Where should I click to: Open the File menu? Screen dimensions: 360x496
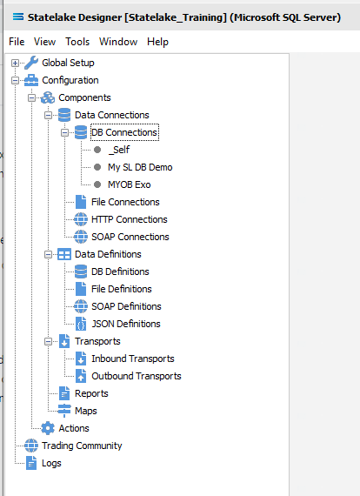pyautogui.click(x=17, y=42)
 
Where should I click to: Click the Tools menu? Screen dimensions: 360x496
pyautogui.click(x=77, y=42)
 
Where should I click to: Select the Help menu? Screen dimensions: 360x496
pyautogui.click(x=157, y=42)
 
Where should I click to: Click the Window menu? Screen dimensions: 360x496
pyautogui.click(x=118, y=42)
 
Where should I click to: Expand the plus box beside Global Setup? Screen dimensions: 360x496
pyautogui.click(x=15, y=63)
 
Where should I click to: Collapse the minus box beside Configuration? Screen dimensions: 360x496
pyautogui.click(x=15, y=80)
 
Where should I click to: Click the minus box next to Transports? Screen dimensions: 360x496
pyautogui.click(x=48, y=341)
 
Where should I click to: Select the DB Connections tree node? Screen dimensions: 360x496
pyautogui.click(x=124, y=132)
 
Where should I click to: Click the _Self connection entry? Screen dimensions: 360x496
pyautogui.click(x=119, y=150)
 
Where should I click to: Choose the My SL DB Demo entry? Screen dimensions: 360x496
pyautogui.click(x=140, y=167)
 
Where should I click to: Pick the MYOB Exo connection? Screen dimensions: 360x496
pyautogui.click(x=130, y=184)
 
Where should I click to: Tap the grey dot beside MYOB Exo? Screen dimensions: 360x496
pyautogui.click(x=97, y=184)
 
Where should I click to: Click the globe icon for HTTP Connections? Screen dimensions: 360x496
pyautogui.click(x=81, y=219)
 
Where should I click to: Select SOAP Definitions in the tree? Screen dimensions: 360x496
pyautogui.click(x=126, y=306)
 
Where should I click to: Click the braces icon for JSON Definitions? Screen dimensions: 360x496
pyautogui.click(x=81, y=324)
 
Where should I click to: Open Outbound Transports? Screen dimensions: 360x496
pyautogui.click(x=137, y=376)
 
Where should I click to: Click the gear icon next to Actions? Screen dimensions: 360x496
pyautogui.click(x=48, y=428)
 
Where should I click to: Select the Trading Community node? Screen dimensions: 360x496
pyautogui.click(x=82, y=446)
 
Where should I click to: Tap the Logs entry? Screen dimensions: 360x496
pyautogui.click(x=51, y=463)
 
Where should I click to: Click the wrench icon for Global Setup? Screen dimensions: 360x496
pyautogui.click(x=31, y=63)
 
